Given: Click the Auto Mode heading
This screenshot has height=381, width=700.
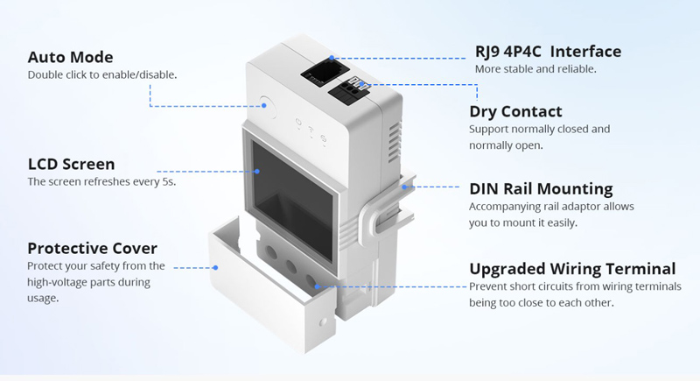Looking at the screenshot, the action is [71, 57].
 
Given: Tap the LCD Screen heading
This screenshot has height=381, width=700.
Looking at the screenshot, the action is [72, 164].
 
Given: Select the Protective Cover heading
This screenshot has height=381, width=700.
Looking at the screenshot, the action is [93, 249].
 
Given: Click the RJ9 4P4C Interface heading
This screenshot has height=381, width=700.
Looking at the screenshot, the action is [548, 52].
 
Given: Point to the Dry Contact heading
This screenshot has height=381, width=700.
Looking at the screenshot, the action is [515, 111].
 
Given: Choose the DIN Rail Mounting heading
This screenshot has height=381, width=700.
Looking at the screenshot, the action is [541, 189].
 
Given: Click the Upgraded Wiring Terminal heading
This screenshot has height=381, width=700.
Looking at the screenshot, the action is [572, 269].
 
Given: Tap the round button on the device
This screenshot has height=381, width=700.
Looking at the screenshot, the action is [267, 107].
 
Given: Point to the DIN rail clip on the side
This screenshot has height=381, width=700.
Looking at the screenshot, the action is [388, 206].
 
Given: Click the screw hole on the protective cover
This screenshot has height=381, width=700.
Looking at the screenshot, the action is [323, 322].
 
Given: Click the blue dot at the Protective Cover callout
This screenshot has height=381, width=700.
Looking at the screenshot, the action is [215, 267].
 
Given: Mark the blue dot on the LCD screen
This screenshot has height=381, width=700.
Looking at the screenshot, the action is [257, 171].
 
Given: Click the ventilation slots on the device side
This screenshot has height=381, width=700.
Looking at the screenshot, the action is [395, 143].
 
